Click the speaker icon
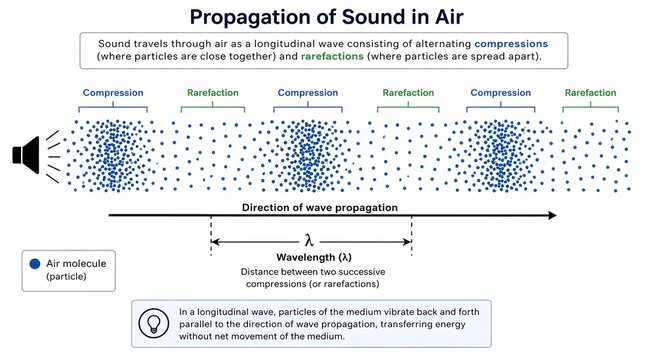click(x=24, y=155)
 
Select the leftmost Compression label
click(x=114, y=93)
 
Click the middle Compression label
click(x=307, y=93)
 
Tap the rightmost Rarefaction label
click(x=590, y=93)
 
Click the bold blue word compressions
click(x=510, y=45)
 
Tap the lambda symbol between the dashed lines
click(x=311, y=240)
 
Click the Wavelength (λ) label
click(x=312, y=259)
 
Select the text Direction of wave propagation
click(x=320, y=207)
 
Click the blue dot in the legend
click(x=35, y=264)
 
